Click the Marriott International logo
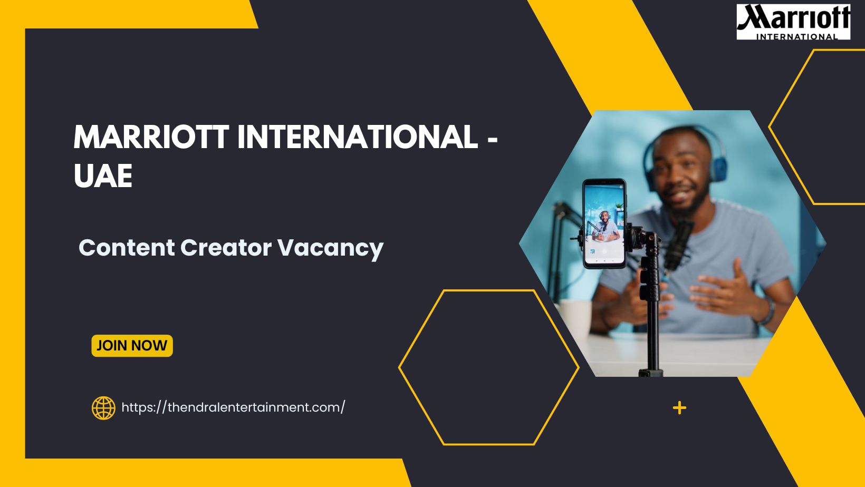(793, 22)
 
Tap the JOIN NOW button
(132, 346)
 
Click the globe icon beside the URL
(103, 408)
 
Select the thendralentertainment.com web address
(233, 407)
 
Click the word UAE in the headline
(103, 176)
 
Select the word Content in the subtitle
(127, 248)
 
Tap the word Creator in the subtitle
(226, 248)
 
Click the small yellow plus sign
(679, 408)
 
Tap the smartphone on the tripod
(604, 223)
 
